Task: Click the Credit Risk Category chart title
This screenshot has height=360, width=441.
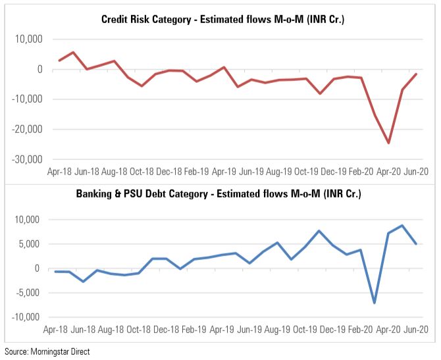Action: (223, 20)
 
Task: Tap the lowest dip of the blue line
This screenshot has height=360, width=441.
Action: (375, 303)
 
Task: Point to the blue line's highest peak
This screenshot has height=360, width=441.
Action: (402, 226)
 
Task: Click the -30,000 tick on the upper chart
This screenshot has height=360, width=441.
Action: (27, 160)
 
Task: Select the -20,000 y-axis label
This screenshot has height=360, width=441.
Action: (27, 130)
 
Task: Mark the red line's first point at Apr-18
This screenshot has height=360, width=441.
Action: (59, 61)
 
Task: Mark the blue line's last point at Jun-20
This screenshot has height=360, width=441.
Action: (415, 244)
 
